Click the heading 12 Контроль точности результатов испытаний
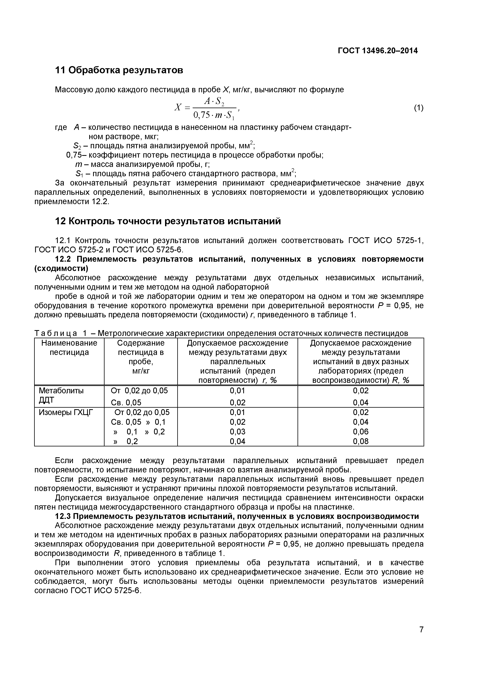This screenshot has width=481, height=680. coord(168,221)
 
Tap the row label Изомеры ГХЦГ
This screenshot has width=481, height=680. coord(66,412)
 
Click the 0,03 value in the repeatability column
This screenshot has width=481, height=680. coord(237,431)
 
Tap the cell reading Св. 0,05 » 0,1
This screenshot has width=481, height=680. coord(138,422)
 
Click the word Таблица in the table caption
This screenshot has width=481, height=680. coord(56,333)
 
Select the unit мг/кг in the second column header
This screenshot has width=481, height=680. coord(141,370)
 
